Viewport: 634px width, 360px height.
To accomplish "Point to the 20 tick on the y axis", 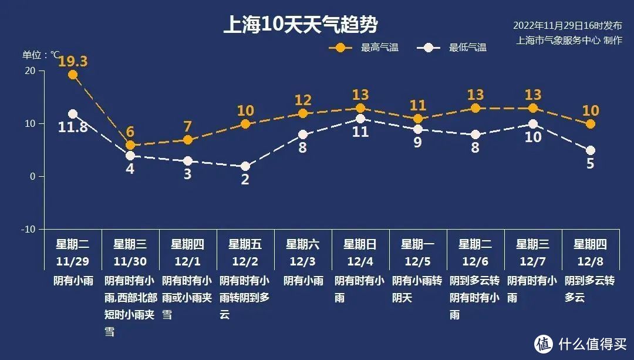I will point(29,70).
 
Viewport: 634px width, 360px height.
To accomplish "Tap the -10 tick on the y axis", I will point(28,229).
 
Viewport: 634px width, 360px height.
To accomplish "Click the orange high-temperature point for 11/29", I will point(73,75).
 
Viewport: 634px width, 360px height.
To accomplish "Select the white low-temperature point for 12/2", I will point(245,166).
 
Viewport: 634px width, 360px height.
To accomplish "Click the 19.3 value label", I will point(73,61).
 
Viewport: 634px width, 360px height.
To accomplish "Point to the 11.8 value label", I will point(73,126).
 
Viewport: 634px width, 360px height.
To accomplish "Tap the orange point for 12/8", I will point(591,124).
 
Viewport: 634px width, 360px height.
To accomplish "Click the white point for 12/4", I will point(360,119).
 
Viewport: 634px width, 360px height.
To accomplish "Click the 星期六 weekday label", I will point(303,244).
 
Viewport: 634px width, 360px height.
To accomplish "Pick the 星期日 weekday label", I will point(360,244).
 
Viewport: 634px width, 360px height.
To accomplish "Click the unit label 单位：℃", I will point(41,55).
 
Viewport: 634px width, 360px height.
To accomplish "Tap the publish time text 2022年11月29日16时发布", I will point(567,26).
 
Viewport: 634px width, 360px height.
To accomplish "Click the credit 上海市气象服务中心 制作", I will point(569,40).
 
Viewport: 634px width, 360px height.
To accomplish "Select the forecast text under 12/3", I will point(303,281).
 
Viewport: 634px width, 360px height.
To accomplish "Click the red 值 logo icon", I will point(543,343).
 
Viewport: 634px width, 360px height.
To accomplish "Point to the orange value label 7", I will point(188,126).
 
